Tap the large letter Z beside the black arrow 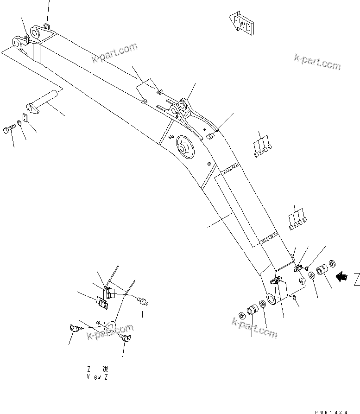click(x=356, y=279)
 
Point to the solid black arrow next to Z click(x=342, y=277)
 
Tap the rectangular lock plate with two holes click(x=25, y=118)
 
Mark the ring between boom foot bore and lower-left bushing click(x=262, y=304)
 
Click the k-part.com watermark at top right click(x=317, y=62)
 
